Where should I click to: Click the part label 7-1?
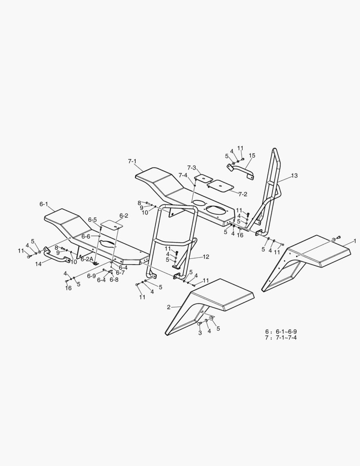pyautogui.click(x=132, y=161)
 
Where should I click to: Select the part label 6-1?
pyautogui.click(x=44, y=204)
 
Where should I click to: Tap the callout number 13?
pyautogui.click(x=294, y=176)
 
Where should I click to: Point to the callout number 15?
pyautogui.click(x=252, y=155)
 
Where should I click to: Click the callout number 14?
pyautogui.click(x=39, y=264)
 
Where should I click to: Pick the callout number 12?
pyautogui.click(x=206, y=257)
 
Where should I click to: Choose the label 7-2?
pyautogui.click(x=243, y=194)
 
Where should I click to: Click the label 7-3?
pyautogui.click(x=191, y=168)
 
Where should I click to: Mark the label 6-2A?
pyautogui.click(x=87, y=259)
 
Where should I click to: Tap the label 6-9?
pyautogui.click(x=91, y=276)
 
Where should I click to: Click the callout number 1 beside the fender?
pyautogui.click(x=355, y=241)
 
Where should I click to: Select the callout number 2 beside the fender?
pyautogui.click(x=169, y=307)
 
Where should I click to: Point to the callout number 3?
pyautogui.click(x=200, y=333)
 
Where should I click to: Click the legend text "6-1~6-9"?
pyautogui.click(x=286, y=332)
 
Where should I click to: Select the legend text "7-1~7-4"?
pyautogui.click(x=286, y=337)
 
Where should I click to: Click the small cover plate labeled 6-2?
pyautogui.click(x=112, y=224)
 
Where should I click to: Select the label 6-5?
pyautogui.click(x=92, y=220)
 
